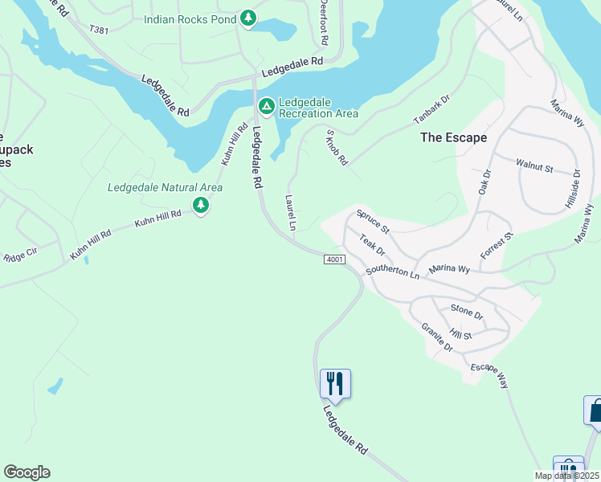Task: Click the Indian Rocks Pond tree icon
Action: click(x=248, y=18)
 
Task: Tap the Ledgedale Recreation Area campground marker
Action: click(x=267, y=106)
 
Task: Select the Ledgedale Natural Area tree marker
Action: click(x=201, y=207)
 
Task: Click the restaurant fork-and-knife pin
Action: click(x=335, y=382)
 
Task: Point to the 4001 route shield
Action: click(x=335, y=259)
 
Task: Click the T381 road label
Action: click(x=99, y=30)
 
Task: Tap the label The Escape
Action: click(x=453, y=137)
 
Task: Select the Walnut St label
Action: click(x=535, y=167)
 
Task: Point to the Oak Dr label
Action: click(x=484, y=181)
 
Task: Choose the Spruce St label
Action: click(x=373, y=223)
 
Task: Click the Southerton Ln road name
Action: click(x=393, y=272)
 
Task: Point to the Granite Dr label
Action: click(x=437, y=337)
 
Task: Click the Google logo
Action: click(x=27, y=472)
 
